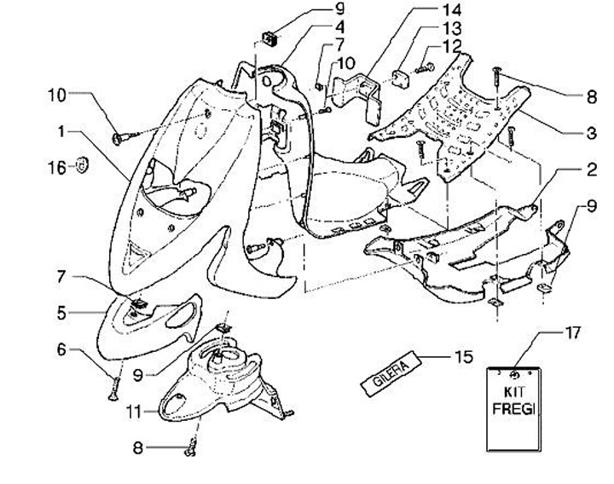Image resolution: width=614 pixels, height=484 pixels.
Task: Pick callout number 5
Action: [x=62, y=314]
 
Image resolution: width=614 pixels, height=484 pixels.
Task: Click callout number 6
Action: [x=61, y=349]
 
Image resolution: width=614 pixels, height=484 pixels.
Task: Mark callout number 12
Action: [x=452, y=44]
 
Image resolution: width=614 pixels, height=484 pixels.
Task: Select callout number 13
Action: [x=451, y=28]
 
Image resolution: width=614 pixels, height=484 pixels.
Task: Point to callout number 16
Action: [x=54, y=167]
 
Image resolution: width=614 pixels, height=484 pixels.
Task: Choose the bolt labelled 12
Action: [x=423, y=62]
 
